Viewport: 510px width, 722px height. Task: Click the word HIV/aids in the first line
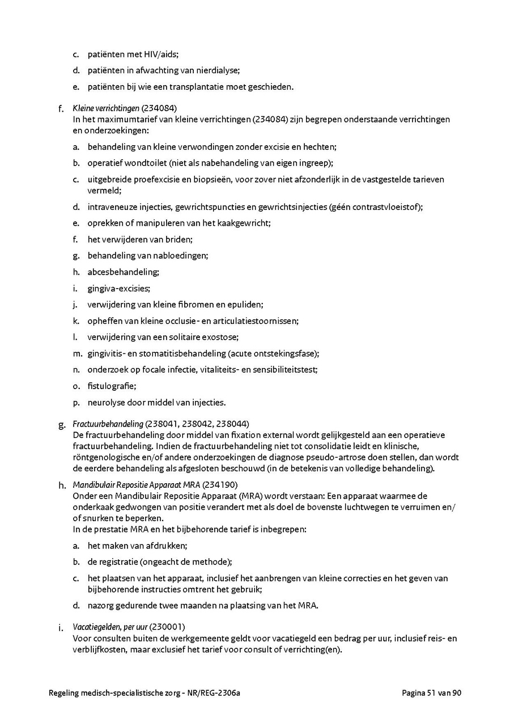(159, 54)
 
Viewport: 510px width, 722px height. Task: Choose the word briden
(178, 239)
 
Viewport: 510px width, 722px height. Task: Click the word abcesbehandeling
(122, 272)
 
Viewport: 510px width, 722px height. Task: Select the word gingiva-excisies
(118, 288)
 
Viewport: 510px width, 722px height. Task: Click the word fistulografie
(111, 386)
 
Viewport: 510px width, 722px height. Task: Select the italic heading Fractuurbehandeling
(108, 424)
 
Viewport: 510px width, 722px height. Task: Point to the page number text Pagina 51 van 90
(431, 693)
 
